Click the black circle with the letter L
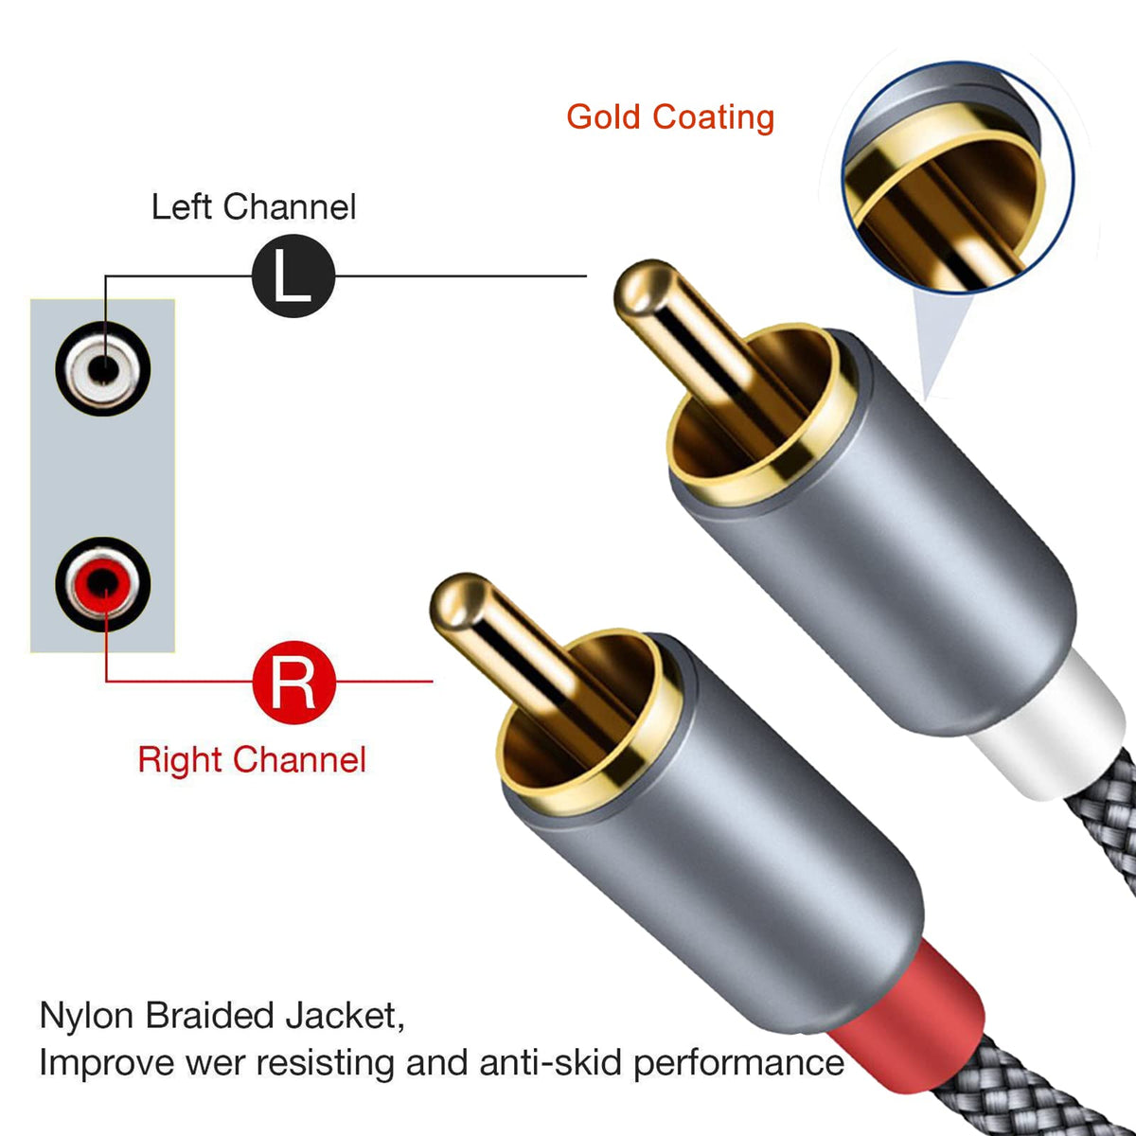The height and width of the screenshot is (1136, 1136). pyautogui.click(x=293, y=275)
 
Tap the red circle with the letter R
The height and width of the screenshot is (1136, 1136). pyautogui.click(x=293, y=682)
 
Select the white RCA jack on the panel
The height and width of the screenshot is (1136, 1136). pyautogui.click(x=103, y=369)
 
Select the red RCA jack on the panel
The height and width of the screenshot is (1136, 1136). pyautogui.click(x=103, y=584)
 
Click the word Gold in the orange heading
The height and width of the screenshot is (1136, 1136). pyautogui.click(x=603, y=116)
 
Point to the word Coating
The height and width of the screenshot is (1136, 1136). pyautogui.click(x=714, y=118)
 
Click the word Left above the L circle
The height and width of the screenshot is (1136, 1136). pyautogui.click(x=182, y=207)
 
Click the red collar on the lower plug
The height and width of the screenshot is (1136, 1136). pyautogui.click(x=908, y=1027)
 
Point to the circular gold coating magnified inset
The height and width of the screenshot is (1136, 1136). pyautogui.click(x=958, y=177)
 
